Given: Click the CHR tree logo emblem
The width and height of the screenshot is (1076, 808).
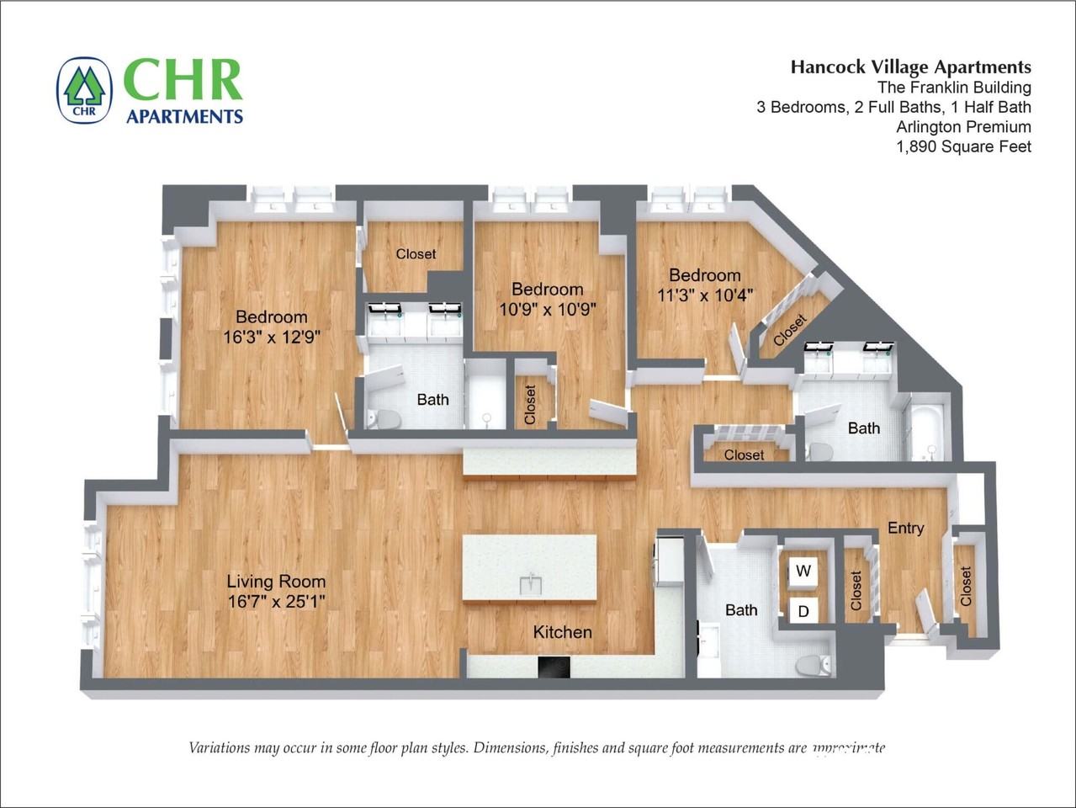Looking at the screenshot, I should tap(84, 91).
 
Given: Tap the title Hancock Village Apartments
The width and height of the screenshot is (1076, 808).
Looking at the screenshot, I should tap(910, 67).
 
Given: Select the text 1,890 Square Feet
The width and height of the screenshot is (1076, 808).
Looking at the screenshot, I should tap(963, 146).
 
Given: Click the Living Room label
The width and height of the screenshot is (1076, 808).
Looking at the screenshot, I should tap(276, 581).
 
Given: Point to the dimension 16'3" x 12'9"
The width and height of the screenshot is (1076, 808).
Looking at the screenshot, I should tap(271, 338).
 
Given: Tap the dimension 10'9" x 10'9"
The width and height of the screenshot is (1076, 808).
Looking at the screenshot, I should tap(547, 309).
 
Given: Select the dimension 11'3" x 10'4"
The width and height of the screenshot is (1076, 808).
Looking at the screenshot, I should tap(704, 295).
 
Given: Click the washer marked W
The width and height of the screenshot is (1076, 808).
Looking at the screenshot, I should tap(803, 571).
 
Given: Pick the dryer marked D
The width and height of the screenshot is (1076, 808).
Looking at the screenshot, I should tap(803, 611).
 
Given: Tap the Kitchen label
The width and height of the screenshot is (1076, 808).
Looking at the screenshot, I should tap(562, 632).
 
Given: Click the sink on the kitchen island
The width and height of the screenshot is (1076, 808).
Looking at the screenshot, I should tap(529, 583).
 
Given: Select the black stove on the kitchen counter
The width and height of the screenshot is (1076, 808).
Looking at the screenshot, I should tap(554, 667).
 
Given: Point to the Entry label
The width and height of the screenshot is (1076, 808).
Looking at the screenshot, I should tap(905, 528).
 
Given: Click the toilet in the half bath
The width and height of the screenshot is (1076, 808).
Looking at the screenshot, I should tap(813, 665).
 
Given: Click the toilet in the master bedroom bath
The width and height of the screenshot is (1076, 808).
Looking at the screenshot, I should tap(385, 417).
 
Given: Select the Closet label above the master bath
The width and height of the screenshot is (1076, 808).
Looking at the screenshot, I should tap(416, 253).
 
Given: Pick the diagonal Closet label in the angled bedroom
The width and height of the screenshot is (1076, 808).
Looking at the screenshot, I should tap(789, 330).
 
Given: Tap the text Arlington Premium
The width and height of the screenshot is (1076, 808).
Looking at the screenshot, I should tap(963, 127).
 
